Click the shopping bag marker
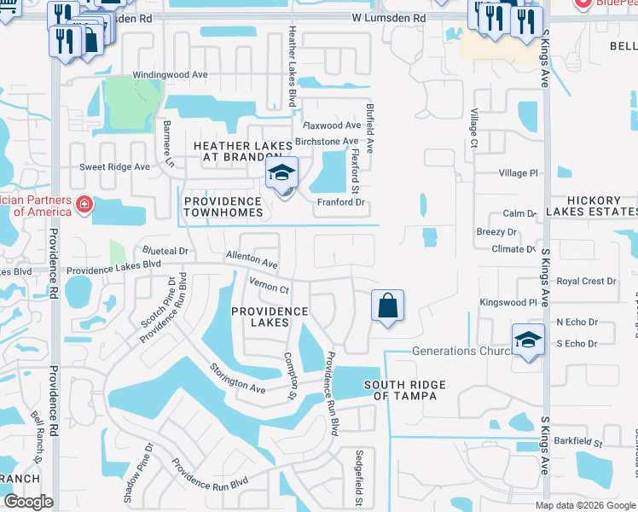(387, 305)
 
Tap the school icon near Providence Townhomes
(281, 174)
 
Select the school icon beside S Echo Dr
(528, 340)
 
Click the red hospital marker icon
(84, 205)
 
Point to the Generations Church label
(461, 351)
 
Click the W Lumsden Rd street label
(388, 18)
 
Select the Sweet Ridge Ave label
(114, 167)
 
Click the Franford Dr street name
(340, 203)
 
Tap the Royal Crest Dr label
(586, 282)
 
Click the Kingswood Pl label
(508, 302)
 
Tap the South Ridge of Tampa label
(405, 390)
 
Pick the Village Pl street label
(519, 173)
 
